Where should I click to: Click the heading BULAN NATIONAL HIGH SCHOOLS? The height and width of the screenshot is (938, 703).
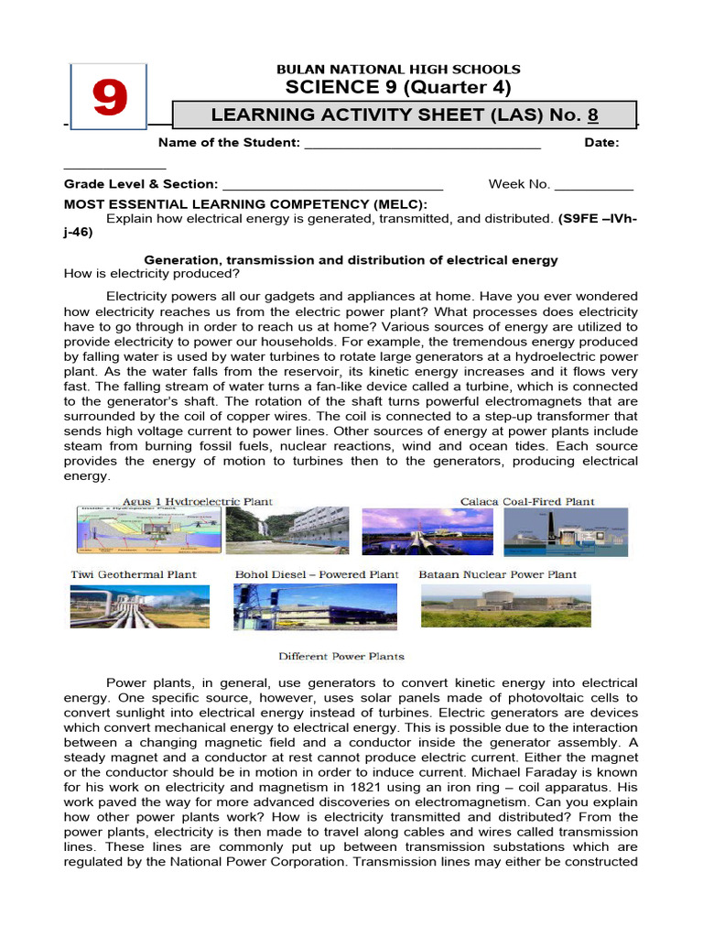(x=398, y=69)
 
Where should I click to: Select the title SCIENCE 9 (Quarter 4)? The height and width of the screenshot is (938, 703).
(x=398, y=88)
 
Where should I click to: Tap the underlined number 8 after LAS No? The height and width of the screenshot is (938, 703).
(x=593, y=115)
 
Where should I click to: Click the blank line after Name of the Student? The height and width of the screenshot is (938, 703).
(x=422, y=143)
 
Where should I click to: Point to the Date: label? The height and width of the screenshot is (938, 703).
(x=601, y=143)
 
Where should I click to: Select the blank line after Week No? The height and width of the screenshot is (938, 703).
(x=594, y=184)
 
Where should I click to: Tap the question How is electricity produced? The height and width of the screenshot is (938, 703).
(x=152, y=274)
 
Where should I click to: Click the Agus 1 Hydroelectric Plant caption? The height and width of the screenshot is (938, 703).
(x=198, y=501)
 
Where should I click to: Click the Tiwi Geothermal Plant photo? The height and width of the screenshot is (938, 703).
(x=140, y=605)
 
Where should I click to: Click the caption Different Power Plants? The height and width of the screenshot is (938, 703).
(x=341, y=656)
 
